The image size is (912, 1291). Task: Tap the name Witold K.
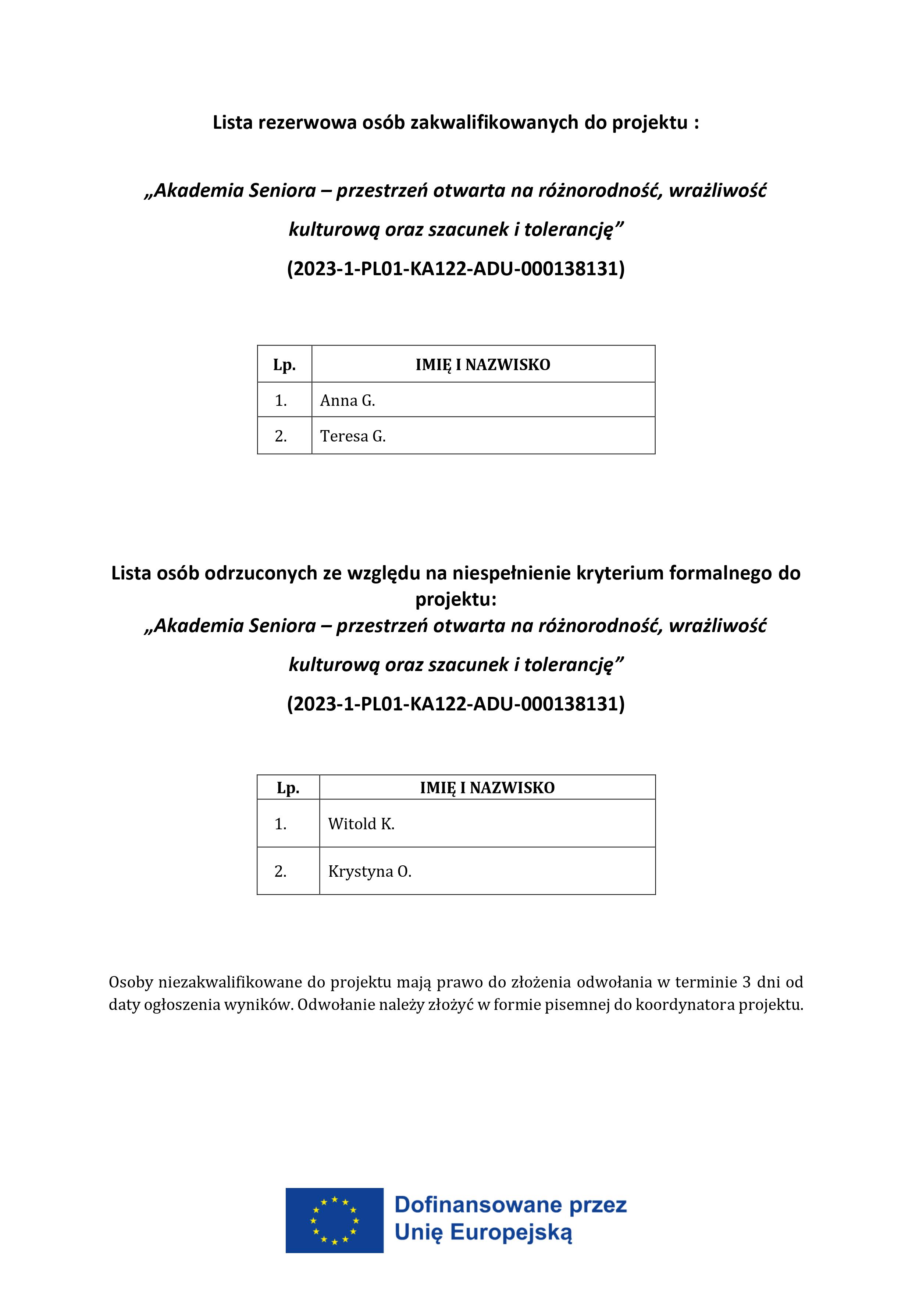point(361,824)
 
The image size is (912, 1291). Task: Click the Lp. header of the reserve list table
point(284,365)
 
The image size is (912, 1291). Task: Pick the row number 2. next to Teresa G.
point(281,436)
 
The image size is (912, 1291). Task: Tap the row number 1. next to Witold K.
point(280,824)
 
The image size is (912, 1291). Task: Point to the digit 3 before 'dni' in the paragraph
point(746,982)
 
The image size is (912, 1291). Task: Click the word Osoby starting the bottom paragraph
point(131,982)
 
